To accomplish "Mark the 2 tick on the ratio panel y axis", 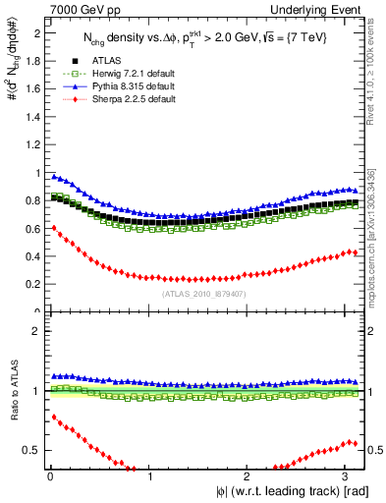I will pos(35,331).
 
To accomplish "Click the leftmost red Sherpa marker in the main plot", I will pos(52,227).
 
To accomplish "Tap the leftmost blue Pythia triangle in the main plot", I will pos(52,176).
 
